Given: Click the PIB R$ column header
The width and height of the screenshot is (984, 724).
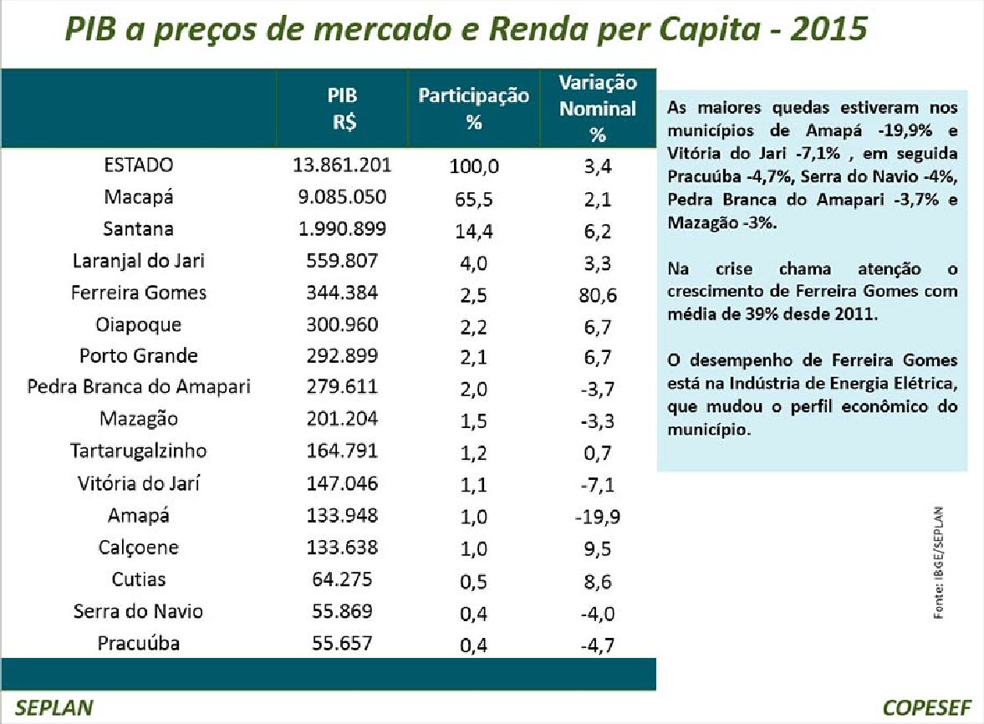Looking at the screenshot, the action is [x=342, y=108].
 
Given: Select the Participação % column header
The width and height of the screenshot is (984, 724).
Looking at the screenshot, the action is [x=474, y=108].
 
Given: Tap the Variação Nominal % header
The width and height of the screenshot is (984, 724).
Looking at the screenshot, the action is [x=598, y=109].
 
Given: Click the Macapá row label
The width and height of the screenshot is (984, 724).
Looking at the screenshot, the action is [x=138, y=197].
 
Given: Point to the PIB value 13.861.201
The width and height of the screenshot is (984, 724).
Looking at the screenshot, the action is [x=342, y=165].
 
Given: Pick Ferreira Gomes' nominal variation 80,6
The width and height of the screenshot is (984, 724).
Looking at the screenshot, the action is [x=598, y=295].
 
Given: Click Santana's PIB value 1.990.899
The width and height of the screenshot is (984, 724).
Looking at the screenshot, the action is [x=342, y=228].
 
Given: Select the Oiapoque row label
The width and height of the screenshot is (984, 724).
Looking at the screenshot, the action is [x=138, y=325].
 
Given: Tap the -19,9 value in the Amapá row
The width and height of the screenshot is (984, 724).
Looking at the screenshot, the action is [x=598, y=517].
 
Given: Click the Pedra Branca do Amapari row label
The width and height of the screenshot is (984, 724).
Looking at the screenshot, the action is [x=139, y=386].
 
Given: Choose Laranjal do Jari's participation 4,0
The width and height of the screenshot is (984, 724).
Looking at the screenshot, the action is [x=473, y=263].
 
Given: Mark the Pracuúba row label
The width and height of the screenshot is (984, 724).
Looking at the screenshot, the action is [x=139, y=643].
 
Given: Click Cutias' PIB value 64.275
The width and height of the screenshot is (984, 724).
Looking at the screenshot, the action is [x=342, y=579].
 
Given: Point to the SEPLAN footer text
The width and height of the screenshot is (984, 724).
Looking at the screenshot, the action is [x=54, y=707].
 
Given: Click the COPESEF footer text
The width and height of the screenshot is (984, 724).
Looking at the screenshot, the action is [x=927, y=707].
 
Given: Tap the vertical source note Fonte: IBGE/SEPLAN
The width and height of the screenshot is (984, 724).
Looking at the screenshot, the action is [x=938, y=563].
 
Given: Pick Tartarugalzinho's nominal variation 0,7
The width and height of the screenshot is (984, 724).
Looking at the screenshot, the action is [x=598, y=452].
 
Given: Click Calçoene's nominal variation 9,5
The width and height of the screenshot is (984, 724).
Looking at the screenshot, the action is [x=598, y=549].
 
